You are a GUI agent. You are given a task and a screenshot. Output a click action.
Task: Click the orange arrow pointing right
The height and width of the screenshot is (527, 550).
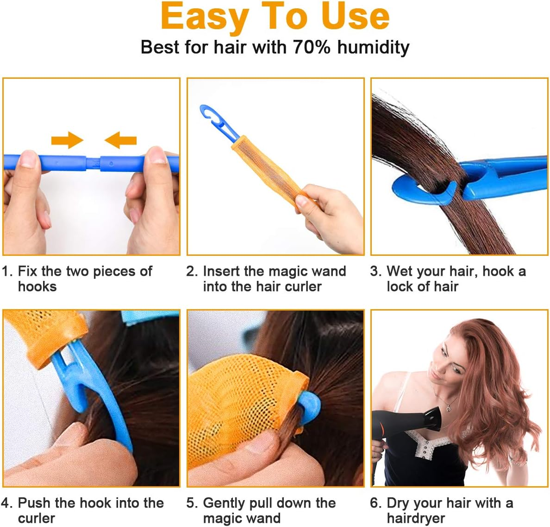(x=67, y=140)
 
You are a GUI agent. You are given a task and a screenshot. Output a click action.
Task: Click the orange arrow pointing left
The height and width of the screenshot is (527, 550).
(x=120, y=140)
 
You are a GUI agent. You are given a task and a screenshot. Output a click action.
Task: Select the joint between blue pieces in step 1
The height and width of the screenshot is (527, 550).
(x=93, y=163)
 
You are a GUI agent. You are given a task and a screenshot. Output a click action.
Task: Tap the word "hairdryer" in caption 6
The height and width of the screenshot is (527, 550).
(x=416, y=518)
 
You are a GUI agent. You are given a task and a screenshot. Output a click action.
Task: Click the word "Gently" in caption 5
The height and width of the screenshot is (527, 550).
(x=224, y=503)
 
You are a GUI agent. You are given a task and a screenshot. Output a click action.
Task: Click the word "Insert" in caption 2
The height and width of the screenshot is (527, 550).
(x=222, y=271)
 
